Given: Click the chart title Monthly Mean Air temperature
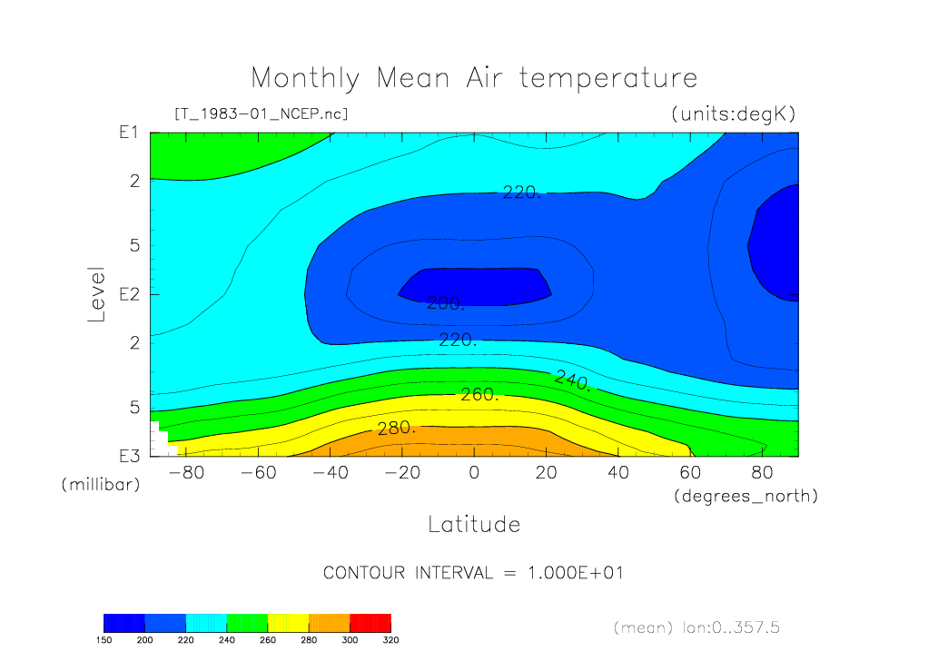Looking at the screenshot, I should [x=474, y=78].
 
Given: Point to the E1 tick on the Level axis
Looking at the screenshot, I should [x=128, y=133].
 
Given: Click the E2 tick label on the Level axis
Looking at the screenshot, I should [x=128, y=294].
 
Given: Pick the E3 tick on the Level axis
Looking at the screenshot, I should [x=128, y=456].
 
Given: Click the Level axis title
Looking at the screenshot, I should [x=97, y=294].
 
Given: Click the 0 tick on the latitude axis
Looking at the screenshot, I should [x=473, y=473].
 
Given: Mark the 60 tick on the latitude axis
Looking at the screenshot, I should [x=690, y=473].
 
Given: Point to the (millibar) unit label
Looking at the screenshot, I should [x=101, y=485].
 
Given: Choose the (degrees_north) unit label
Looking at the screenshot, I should [x=746, y=497].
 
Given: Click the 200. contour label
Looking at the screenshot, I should [x=446, y=303].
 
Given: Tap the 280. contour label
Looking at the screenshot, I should [x=397, y=428].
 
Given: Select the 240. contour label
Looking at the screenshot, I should [x=574, y=380].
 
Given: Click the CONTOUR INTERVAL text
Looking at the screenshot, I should [x=473, y=574].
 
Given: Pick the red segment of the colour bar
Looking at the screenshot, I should [x=370, y=622].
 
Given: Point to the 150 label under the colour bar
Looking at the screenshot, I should [x=104, y=639].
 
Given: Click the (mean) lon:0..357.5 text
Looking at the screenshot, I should [x=696, y=627].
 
